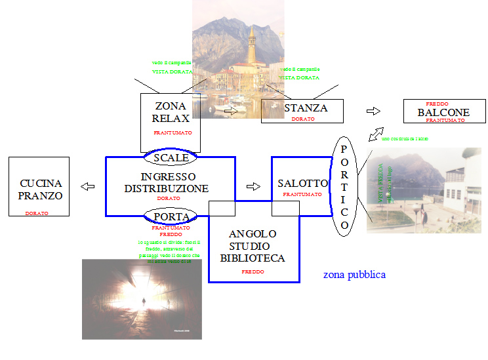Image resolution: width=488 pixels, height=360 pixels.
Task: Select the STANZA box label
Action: [x=305, y=108]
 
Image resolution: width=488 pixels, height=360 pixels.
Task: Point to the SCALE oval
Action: [x=171, y=157]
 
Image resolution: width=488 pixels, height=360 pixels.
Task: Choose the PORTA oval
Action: [x=171, y=216]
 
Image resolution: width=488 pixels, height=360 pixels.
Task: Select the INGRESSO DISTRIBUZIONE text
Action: [x=167, y=183]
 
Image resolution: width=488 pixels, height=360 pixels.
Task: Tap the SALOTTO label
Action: [x=302, y=183]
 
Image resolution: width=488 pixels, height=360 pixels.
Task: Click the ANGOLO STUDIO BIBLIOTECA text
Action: [x=253, y=246]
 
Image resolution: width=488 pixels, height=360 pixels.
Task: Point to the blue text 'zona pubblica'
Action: [x=354, y=275]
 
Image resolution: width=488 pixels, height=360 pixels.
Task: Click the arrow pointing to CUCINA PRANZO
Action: [x=87, y=187]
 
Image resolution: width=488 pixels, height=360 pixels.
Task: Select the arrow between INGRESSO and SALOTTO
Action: [x=253, y=186]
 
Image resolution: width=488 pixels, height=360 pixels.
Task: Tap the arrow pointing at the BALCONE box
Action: [x=373, y=111]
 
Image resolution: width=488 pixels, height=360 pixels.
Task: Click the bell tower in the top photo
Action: [x=251, y=43]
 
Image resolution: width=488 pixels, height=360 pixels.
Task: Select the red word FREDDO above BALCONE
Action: [x=437, y=104]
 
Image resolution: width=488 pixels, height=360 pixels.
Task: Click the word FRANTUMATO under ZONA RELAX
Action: [x=173, y=132]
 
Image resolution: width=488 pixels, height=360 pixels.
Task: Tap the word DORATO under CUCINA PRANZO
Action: [x=37, y=213]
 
